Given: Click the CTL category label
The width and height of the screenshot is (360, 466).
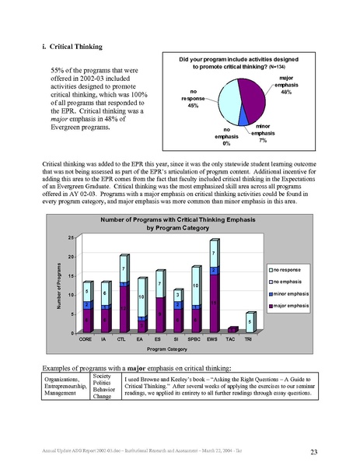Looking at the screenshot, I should pos(123,340).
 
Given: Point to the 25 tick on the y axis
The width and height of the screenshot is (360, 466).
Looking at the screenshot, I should pos(71,237).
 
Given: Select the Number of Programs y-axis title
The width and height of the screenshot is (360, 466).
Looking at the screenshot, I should pos(58,284).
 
